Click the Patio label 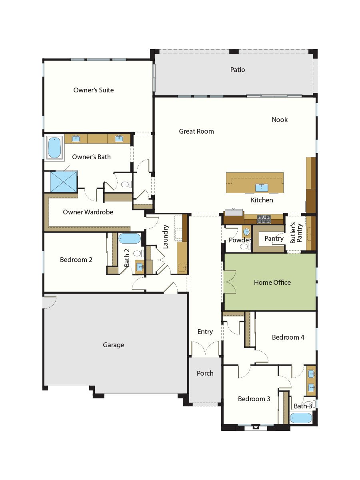(237, 70)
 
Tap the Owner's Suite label (94, 90)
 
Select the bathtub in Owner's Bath (54, 148)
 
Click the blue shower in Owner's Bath (64, 182)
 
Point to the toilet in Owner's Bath (126, 184)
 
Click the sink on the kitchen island (262, 188)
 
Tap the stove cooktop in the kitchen (264, 219)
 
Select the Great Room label (196, 131)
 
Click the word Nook (280, 120)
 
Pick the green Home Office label (272, 282)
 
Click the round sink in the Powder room (246, 232)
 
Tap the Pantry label (274, 238)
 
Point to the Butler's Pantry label (296, 233)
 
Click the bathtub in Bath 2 (129, 238)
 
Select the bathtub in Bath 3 (301, 418)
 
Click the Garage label (114, 345)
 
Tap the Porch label (205, 373)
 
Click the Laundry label (166, 237)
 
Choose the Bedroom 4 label (288, 337)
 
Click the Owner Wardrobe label (88, 212)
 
